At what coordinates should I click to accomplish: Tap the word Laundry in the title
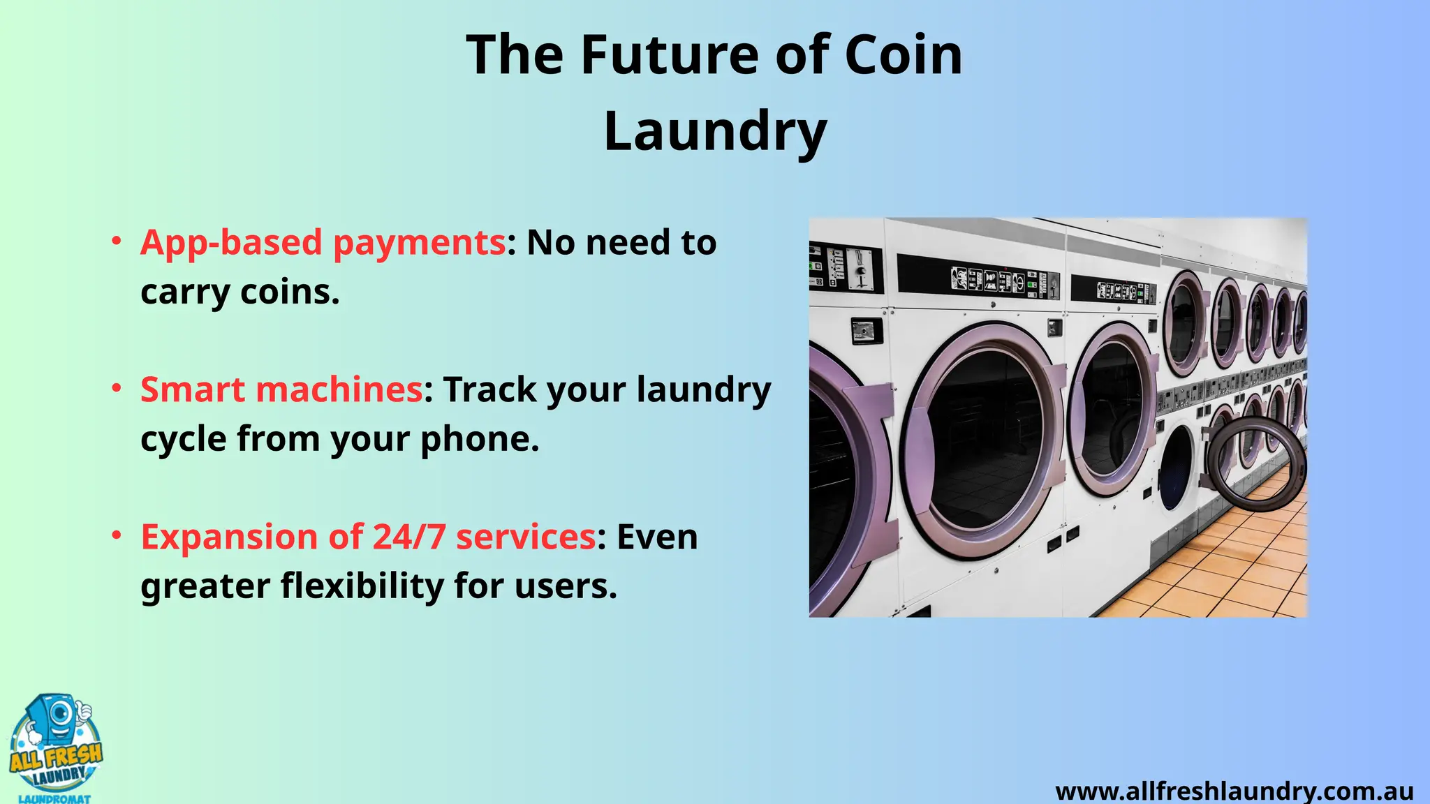point(715,131)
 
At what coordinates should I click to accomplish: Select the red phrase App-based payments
point(323,243)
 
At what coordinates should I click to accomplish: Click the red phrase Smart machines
point(281,389)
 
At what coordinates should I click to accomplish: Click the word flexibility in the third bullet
point(362,586)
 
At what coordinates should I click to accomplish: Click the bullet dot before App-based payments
point(117,242)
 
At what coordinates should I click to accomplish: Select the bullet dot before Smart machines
point(117,389)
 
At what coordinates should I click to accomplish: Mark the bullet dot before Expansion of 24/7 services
point(117,536)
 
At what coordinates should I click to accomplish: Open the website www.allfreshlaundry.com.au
point(1234,791)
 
